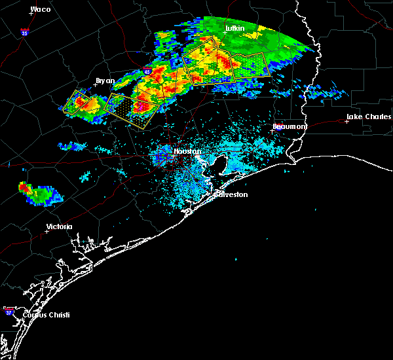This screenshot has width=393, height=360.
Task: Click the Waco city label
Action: click(41, 9)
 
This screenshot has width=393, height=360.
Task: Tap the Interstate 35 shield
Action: click(24, 31)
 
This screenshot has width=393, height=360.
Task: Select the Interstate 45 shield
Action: click(147, 71)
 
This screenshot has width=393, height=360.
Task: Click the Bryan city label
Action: click(105, 81)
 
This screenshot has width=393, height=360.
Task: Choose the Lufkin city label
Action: click(234, 29)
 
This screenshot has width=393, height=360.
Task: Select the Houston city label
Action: click(187, 151)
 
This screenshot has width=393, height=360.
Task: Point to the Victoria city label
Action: click(59, 227)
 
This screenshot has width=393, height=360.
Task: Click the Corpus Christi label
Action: click(46, 315)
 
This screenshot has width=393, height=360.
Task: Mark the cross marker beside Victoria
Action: click(47, 231)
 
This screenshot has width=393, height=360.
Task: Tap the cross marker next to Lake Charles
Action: click(347, 121)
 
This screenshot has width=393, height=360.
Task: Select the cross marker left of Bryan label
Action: click(96, 84)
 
